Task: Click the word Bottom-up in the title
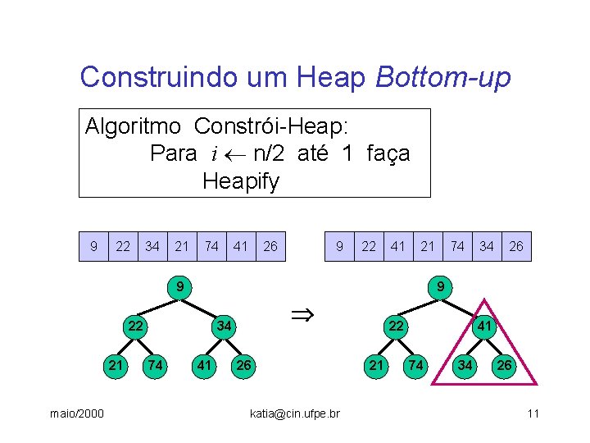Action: point(442,77)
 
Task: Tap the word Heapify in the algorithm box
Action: point(241,180)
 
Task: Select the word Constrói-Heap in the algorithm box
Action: point(270,126)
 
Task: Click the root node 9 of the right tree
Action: point(440,287)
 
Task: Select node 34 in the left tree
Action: point(224,326)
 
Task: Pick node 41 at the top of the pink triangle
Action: point(484,326)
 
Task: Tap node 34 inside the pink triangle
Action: point(465,364)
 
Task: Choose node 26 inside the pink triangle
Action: point(504,364)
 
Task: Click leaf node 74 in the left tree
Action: point(152,364)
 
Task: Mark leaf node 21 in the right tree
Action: point(375,364)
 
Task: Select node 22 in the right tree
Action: point(397,326)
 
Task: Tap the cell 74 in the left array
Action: point(211,246)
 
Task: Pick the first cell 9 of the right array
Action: point(339,246)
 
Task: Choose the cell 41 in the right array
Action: point(398,246)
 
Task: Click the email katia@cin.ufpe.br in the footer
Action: point(294,413)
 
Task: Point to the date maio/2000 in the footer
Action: point(75,413)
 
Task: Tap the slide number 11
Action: point(533,413)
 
